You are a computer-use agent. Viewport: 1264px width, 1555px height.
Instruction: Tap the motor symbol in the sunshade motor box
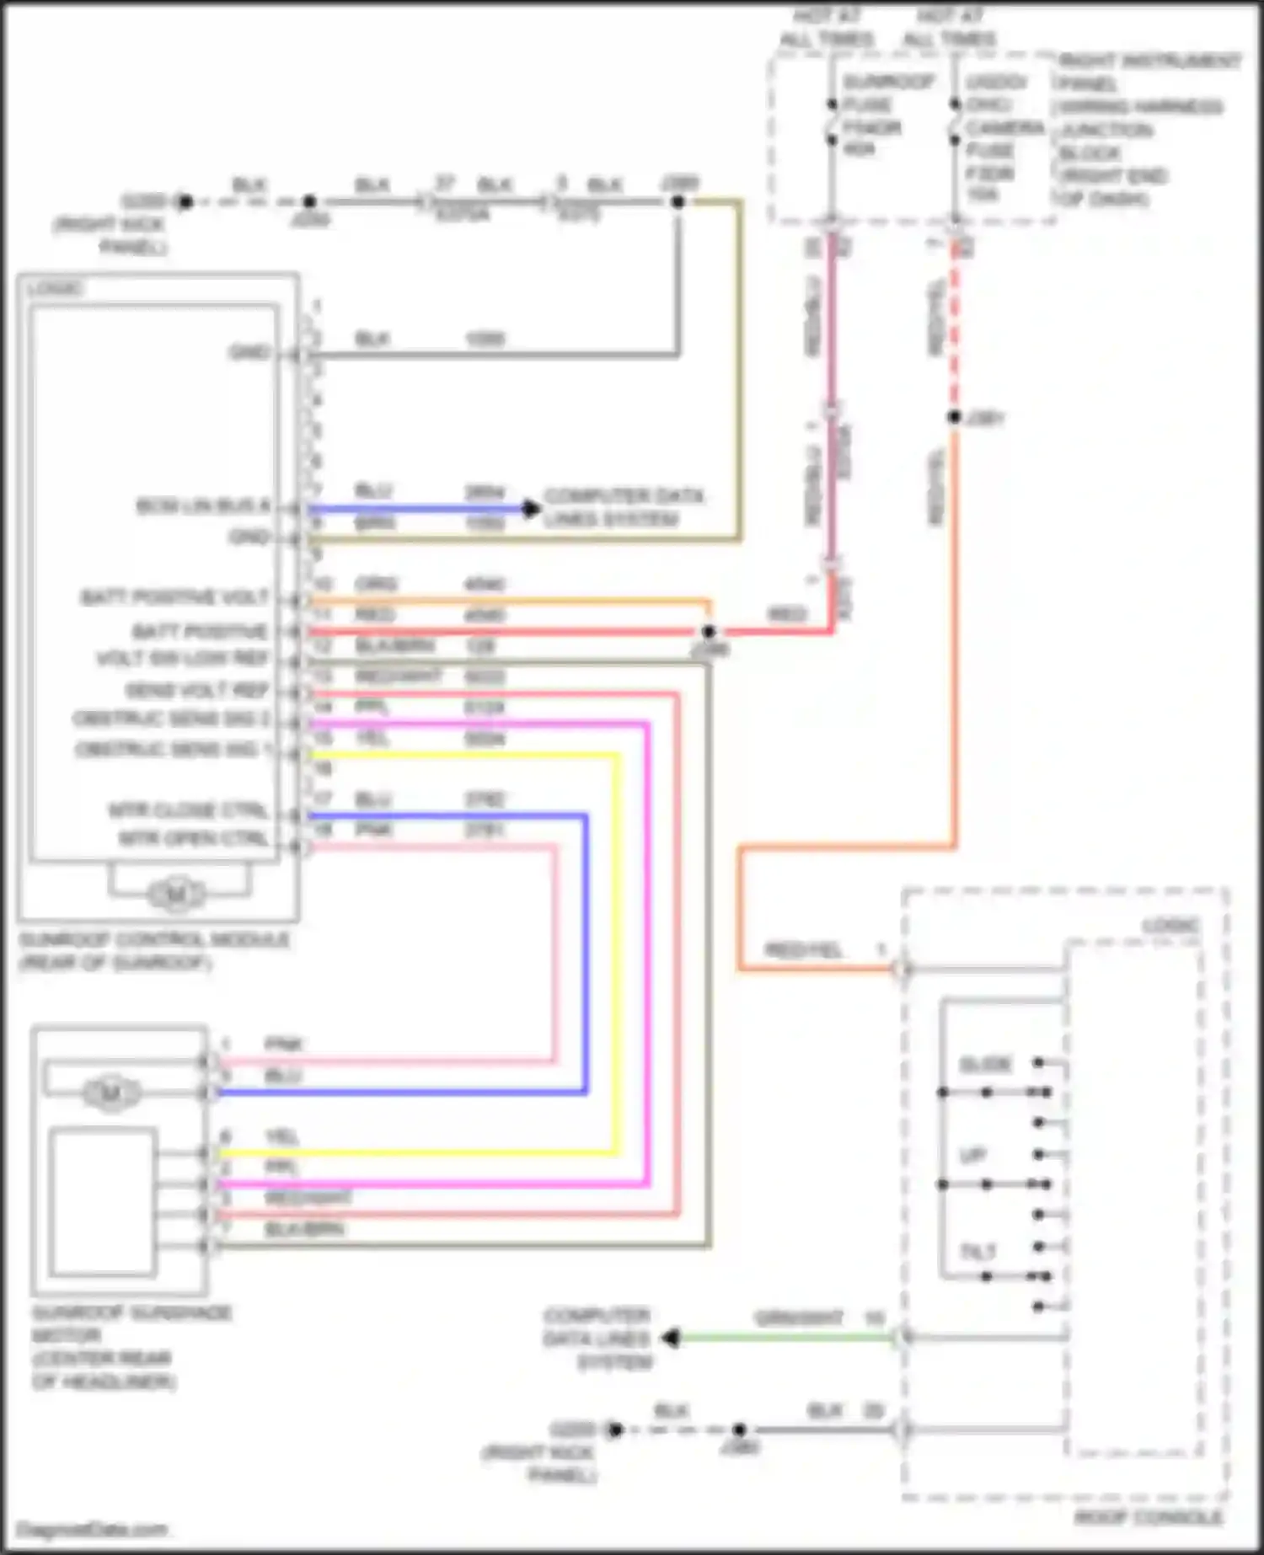tap(110, 1093)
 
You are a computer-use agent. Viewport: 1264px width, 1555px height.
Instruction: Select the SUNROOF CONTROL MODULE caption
tap(153, 950)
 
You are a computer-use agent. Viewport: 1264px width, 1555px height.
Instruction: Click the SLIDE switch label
tap(985, 1065)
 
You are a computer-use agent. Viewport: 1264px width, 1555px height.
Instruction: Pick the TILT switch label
tap(978, 1253)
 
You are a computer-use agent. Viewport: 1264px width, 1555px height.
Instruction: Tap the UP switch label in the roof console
tap(972, 1155)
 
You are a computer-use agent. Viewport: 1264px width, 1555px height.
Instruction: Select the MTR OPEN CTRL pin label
tap(193, 839)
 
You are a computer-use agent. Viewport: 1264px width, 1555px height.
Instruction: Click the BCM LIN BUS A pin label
tap(203, 505)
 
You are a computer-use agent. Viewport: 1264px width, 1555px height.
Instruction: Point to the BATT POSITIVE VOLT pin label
tap(174, 597)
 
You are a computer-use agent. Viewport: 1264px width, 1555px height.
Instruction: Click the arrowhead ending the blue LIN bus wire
tap(531, 508)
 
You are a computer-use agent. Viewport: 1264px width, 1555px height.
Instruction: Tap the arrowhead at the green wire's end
tap(671, 1338)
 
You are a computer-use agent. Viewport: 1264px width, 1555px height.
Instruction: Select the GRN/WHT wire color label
tap(797, 1317)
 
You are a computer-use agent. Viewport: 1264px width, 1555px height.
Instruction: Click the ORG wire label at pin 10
tap(376, 584)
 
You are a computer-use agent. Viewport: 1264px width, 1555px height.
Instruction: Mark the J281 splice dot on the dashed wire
tap(955, 417)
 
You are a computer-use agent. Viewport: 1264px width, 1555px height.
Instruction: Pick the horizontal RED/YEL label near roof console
tap(803, 950)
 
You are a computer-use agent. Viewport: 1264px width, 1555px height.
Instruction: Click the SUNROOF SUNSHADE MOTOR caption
tap(131, 1347)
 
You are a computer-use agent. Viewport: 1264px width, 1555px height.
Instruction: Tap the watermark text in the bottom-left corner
tap(92, 1529)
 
